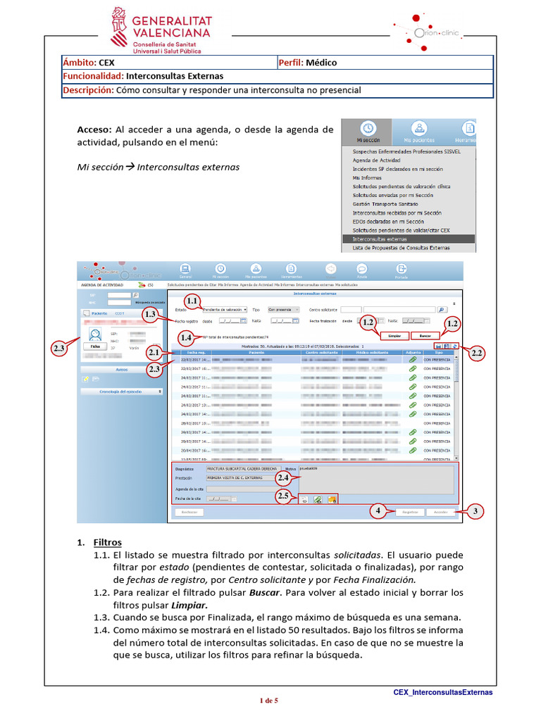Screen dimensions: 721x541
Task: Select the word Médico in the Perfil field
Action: pos(321,63)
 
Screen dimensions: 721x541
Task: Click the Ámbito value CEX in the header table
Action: pos(107,63)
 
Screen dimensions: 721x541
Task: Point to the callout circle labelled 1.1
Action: pos(192,301)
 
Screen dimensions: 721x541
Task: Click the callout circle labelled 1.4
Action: pos(186,337)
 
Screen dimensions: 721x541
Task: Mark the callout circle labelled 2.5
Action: pos(283,496)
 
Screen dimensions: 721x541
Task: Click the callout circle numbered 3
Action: pos(478,511)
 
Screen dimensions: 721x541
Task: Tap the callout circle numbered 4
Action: pos(378,511)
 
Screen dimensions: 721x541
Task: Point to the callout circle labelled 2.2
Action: pos(477,353)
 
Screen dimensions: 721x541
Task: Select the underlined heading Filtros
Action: pos(108,542)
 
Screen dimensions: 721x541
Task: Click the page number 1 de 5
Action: pos(270,700)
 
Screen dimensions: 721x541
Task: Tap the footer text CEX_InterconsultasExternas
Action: pos(442,692)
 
